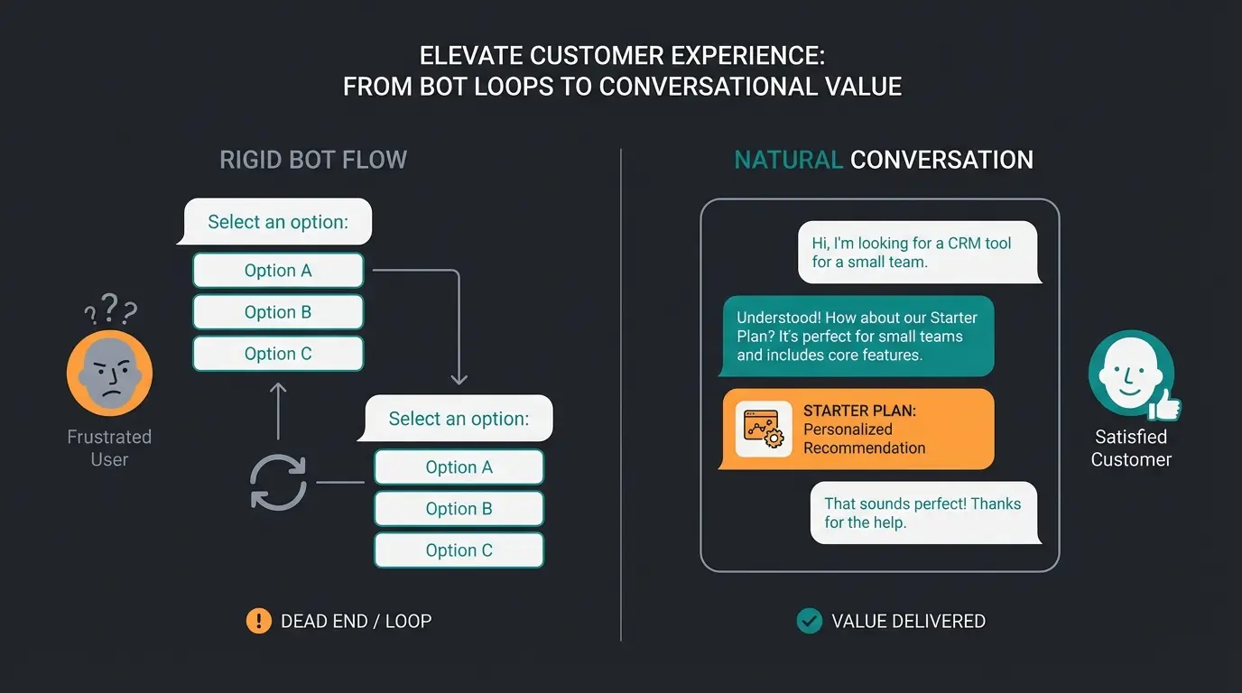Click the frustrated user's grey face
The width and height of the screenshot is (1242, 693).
(110, 372)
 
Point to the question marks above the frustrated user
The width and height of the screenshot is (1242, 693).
(111, 309)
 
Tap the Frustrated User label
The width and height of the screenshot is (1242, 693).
(109, 448)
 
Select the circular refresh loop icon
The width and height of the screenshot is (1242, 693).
(278, 482)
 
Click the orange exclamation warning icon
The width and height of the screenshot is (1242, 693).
(259, 621)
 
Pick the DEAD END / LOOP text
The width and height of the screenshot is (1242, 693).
(356, 621)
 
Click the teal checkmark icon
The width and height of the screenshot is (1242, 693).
(810, 621)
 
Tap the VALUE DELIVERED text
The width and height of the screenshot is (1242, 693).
(908, 621)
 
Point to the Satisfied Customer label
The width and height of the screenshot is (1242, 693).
(1131, 448)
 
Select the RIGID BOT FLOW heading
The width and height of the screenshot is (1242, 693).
(313, 161)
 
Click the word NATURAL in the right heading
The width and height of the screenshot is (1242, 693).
(788, 161)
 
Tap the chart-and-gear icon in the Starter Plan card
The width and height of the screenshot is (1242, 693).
(763, 429)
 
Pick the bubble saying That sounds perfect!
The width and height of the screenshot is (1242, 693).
(924, 513)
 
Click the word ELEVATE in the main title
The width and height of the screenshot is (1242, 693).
(471, 56)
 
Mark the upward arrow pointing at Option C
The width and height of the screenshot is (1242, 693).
(278, 410)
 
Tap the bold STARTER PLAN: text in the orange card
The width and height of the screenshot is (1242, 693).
(859, 411)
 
